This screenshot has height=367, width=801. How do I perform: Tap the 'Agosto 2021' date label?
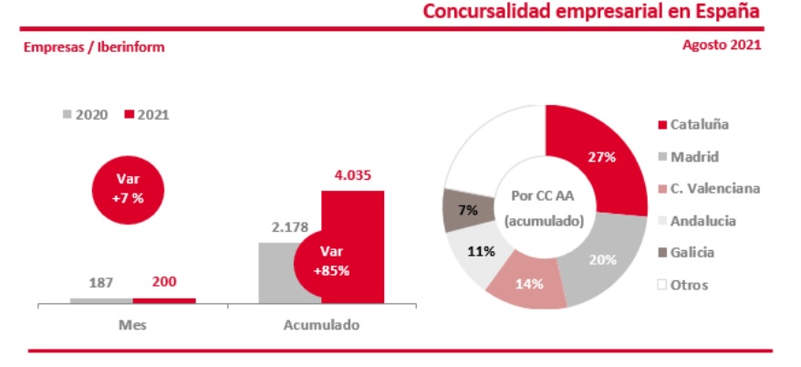[x=722, y=44]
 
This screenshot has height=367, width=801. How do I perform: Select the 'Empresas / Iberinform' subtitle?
[x=95, y=47]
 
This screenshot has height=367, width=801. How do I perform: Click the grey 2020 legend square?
[x=68, y=115]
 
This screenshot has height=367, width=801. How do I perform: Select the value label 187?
[x=100, y=283]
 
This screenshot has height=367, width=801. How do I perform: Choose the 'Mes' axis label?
[x=132, y=324]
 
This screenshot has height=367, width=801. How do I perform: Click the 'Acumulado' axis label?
[x=321, y=324]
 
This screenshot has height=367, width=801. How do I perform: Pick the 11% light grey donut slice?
[x=475, y=251]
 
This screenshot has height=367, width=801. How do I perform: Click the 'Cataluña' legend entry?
[x=699, y=124]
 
